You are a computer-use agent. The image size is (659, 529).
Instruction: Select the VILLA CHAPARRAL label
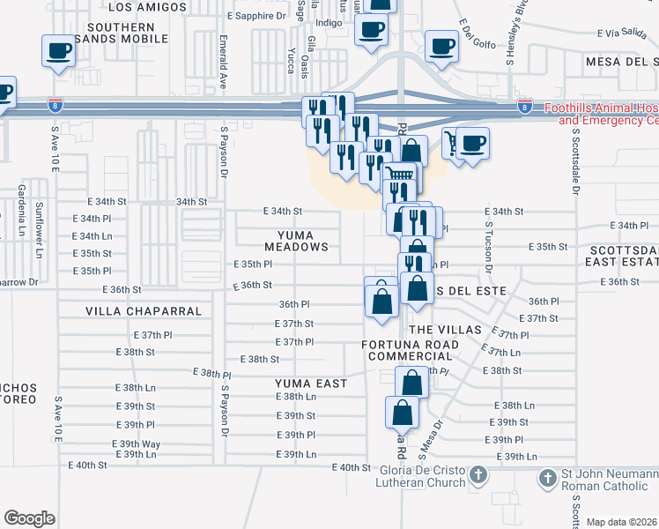[x=144, y=311]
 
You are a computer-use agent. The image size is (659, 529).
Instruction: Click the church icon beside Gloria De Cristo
[x=478, y=476]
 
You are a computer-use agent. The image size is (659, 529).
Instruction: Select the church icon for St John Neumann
[x=549, y=478]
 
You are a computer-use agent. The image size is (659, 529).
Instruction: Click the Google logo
[x=29, y=518]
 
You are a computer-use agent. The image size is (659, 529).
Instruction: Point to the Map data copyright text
[x=622, y=522]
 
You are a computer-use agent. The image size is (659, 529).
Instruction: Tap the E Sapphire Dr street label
[x=256, y=16]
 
